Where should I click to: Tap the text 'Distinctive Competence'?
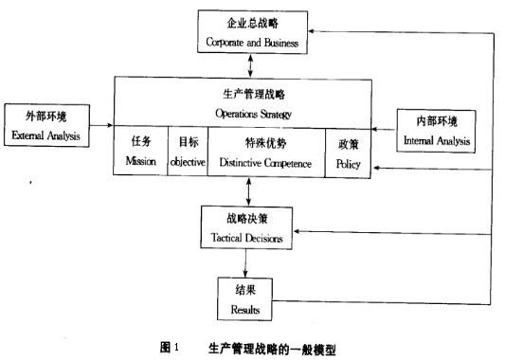(265, 163)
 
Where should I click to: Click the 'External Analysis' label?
(46, 135)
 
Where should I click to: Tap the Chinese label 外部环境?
(47, 117)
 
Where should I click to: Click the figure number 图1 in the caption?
(169, 348)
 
